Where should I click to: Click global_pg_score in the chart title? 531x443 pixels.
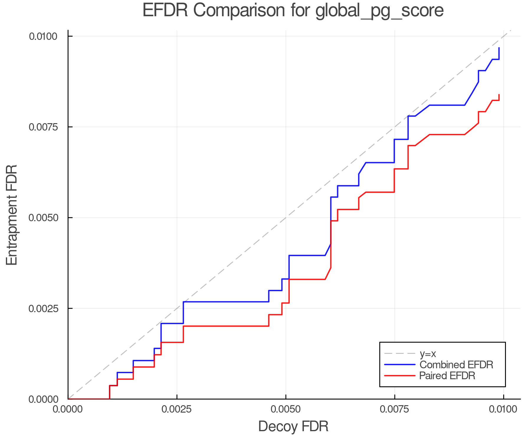(379, 11)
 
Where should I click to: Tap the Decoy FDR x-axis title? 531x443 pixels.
(293, 426)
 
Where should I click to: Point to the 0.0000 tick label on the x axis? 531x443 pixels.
(68, 409)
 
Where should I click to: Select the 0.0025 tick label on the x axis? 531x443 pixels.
(177, 409)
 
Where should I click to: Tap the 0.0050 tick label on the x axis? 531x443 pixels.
(286, 409)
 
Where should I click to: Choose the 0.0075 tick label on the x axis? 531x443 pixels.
(394, 409)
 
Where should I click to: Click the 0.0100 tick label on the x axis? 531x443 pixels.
(503, 409)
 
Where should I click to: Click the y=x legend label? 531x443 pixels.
(427, 354)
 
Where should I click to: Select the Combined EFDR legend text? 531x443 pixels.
(456, 365)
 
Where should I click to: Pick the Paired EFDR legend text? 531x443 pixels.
(447, 376)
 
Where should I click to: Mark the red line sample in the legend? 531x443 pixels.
(400, 376)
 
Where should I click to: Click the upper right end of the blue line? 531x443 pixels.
(499, 48)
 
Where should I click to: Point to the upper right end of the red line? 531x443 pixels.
(499, 95)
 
